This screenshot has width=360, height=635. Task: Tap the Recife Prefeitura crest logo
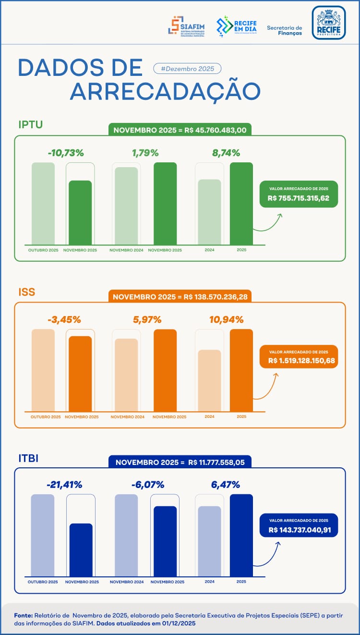click(x=328, y=23)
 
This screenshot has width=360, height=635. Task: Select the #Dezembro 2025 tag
click(x=187, y=69)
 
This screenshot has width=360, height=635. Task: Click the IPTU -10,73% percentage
click(x=66, y=153)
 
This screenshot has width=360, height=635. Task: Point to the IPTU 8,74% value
click(x=226, y=153)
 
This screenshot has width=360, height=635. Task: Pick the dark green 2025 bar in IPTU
click(x=241, y=203)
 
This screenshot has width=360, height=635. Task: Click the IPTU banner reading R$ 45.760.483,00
click(x=180, y=130)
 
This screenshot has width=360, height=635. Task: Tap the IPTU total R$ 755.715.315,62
click(x=299, y=198)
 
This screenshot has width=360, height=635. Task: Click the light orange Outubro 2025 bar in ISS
click(x=43, y=369)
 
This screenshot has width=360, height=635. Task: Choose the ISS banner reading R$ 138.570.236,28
click(x=180, y=297)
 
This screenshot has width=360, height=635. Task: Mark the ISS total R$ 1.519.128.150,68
click(x=299, y=360)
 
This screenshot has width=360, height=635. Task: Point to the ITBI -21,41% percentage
click(x=64, y=485)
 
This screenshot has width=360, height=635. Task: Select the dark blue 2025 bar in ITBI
click(x=241, y=535)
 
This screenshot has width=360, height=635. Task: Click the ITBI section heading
click(x=28, y=458)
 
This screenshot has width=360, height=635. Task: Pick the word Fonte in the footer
click(x=23, y=615)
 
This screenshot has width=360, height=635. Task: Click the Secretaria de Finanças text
click(x=285, y=30)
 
